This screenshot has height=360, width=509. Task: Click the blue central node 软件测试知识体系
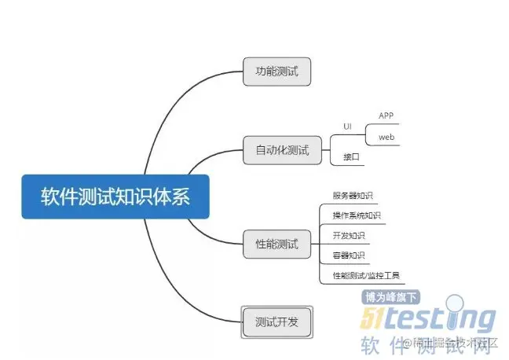pos(115,197)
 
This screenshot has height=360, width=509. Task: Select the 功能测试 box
pos(276,72)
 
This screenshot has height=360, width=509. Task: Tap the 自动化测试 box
pos(282,149)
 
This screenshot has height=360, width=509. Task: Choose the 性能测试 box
pos(277,244)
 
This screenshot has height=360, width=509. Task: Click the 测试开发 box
pos(276,321)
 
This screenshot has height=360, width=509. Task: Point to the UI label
pos(347,126)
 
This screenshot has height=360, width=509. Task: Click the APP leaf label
pos(386,116)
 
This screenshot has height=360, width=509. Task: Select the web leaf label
pos(386,137)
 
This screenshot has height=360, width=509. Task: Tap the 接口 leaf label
pos(351,157)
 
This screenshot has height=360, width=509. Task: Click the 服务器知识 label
pos(352,196)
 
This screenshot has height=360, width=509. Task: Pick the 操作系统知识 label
pos(356,215)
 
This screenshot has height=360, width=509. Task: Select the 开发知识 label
pos(348,235)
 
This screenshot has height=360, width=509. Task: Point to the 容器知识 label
pos(348,255)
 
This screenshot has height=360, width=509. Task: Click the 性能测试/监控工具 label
pos(365,274)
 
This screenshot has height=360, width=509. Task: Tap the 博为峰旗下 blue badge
pos(390,297)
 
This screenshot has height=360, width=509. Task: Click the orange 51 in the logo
pos(375,318)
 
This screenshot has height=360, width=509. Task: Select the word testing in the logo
pos(444,318)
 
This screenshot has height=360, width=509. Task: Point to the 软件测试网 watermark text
pos(428,344)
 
